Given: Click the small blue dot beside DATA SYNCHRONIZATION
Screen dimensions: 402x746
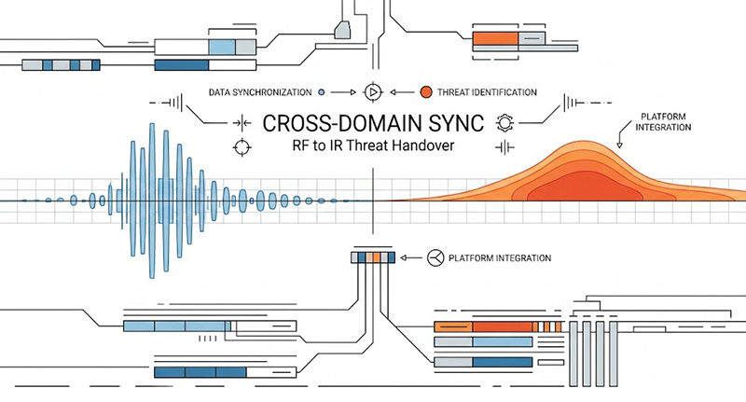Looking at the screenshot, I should click(322, 92).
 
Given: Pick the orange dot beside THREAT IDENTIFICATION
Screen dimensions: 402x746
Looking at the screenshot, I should click(426, 92).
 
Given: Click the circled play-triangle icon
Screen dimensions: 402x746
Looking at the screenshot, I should click(372, 92).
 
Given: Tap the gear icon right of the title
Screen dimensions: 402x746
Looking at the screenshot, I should click(506, 122).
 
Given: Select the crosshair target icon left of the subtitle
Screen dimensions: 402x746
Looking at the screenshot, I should click(242, 146).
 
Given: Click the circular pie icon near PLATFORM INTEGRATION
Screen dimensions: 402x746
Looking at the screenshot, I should click(435, 257).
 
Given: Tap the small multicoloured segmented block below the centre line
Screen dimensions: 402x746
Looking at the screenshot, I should click(373, 257).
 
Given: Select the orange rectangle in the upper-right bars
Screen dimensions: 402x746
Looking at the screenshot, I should click(494, 39).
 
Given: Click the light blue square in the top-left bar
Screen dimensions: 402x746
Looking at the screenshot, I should click(221, 47).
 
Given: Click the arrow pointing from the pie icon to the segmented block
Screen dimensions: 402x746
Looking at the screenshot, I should click(411, 257).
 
